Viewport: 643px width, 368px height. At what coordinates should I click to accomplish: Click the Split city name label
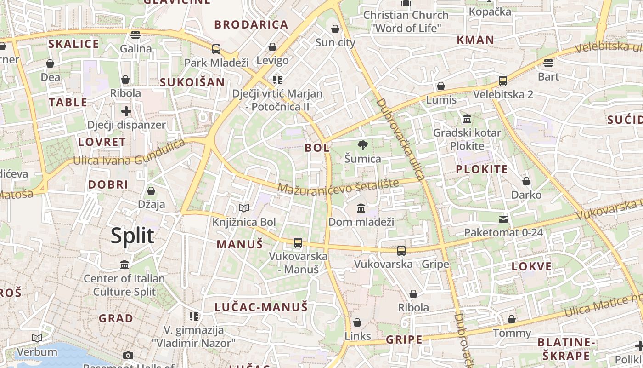point(132,236)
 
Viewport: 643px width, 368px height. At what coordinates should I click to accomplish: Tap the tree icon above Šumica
point(362,145)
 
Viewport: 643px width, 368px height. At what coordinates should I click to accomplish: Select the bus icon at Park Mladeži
point(216,49)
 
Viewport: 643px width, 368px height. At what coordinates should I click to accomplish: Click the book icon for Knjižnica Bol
point(243,208)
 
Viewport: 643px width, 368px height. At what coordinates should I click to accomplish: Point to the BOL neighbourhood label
point(317,148)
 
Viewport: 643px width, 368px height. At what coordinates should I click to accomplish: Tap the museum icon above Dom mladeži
point(361,208)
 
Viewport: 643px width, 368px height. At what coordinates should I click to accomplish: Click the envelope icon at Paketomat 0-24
point(503,219)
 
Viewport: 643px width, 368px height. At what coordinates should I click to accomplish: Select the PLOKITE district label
point(482,169)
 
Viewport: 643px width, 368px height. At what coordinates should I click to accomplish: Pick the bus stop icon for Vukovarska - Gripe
point(401,250)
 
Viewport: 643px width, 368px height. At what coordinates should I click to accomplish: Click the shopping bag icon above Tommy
point(511,319)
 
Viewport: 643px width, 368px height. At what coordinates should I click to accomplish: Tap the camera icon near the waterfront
point(128,355)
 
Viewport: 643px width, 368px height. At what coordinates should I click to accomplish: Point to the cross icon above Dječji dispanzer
point(126,111)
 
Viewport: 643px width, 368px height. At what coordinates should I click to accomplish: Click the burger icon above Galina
point(135,35)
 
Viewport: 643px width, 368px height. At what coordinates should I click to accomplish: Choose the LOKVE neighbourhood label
point(531,266)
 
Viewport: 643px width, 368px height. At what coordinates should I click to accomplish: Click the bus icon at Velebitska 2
point(502,81)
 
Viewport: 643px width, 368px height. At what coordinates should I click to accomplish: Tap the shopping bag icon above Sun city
point(335,29)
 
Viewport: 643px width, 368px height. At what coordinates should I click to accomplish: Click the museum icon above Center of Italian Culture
point(124,265)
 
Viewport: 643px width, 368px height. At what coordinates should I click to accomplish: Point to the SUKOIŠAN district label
point(192,82)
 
